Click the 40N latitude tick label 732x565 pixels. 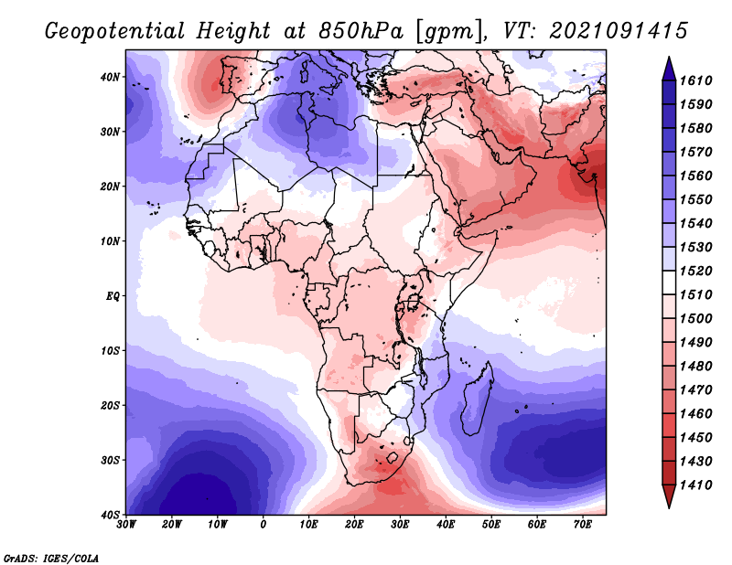click(x=110, y=77)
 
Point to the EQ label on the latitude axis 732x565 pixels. click(x=113, y=296)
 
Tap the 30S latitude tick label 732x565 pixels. click(x=110, y=460)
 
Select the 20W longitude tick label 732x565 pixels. click(x=172, y=525)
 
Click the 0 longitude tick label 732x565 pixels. click(x=264, y=525)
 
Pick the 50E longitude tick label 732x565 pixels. click(x=491, y=525)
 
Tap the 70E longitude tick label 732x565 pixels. click(x=583, y=525)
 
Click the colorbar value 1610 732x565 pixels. click(x=695, y=80)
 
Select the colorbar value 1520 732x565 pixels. click(x=695, y=271)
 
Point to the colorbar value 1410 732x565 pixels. click(x=695, y=485)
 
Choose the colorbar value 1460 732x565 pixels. click(x=695, y=414)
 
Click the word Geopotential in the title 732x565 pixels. click(x=115, y=32)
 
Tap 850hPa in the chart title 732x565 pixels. click(x=361, y=31)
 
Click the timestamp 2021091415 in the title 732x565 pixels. click(x=619, y=31)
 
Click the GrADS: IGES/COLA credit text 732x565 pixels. click(x=51, y=558)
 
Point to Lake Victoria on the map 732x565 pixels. click(x=414, y=302)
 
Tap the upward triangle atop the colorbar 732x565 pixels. click(x=669, y=69)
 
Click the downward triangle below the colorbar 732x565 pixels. click(x=669, y=496)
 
